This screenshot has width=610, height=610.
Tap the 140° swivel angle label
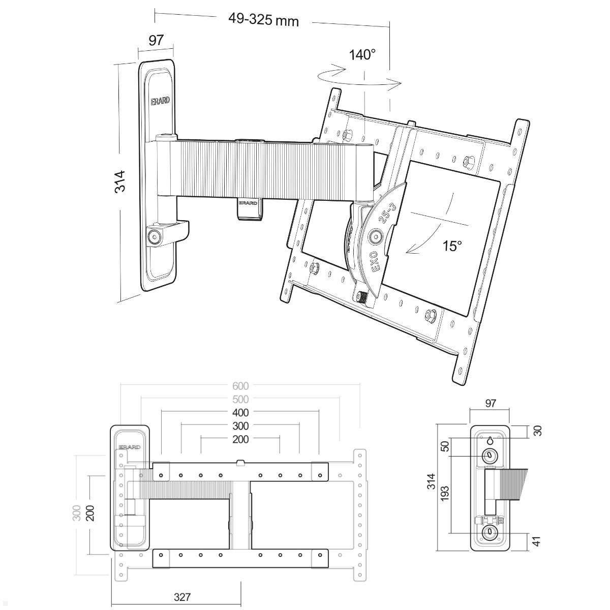(362, 54)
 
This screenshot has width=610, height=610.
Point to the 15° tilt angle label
(452, 246)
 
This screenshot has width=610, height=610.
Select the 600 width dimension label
(240, 386)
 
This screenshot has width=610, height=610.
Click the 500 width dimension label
(240, 400)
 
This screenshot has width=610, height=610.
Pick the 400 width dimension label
(240, 413)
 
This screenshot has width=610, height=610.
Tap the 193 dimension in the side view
(445, 493)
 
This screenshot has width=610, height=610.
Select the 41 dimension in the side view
(537, 540)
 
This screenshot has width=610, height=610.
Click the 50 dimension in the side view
(445, 447)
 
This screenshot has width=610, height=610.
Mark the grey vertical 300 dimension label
(77, 512)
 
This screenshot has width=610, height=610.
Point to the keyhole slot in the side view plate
(490, 440)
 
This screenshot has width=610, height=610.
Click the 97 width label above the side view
(490, 403)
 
